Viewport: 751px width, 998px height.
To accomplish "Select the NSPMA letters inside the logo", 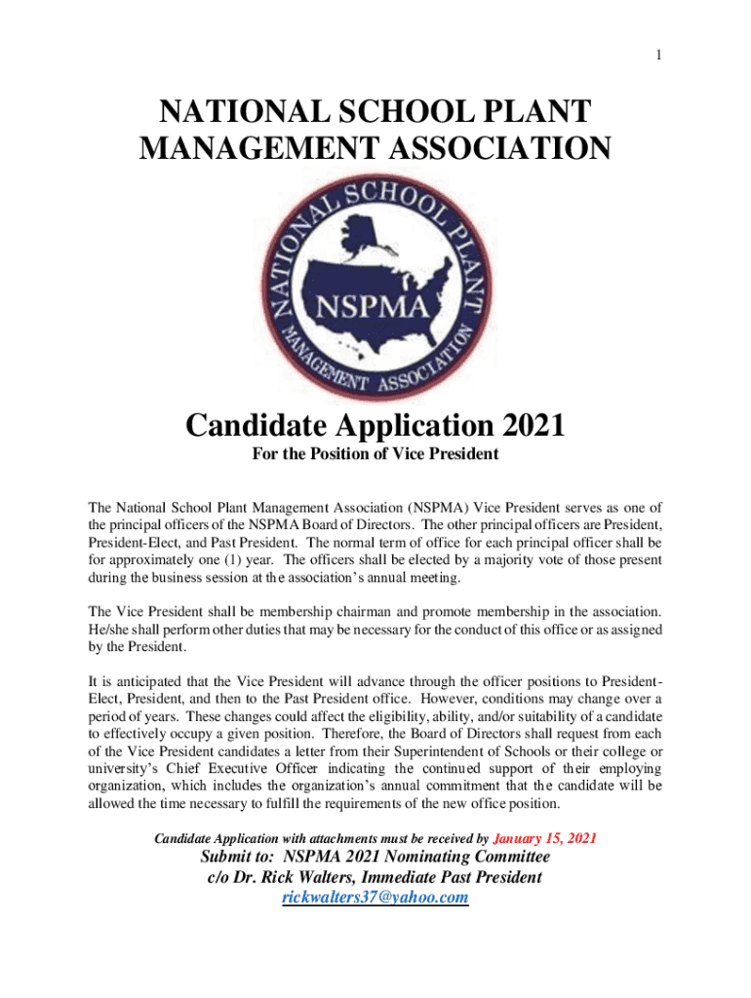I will (375, 310).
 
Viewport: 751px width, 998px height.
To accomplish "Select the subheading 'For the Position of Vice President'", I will (375, 454).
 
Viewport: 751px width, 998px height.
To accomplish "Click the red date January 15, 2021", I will (545, 838).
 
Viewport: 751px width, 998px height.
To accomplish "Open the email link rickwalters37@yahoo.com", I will (375, 898).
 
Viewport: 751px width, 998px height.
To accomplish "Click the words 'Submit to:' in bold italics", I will (238, 857).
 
